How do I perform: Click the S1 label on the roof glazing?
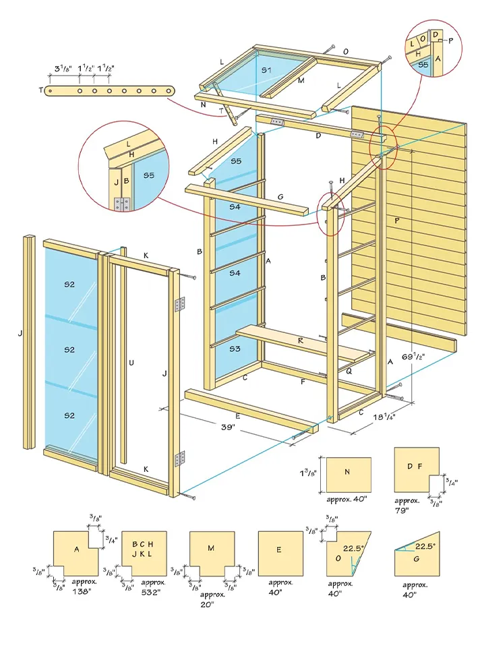pos(267,70)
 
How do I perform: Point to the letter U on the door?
pos(131,363)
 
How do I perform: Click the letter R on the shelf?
pos(300,341)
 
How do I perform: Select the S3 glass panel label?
pos(235,349)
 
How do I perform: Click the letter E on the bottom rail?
pos(237,416)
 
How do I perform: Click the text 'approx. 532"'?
pos(150,587)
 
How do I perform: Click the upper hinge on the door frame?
pos(179,305)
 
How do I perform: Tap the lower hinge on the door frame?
pos(179,460)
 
